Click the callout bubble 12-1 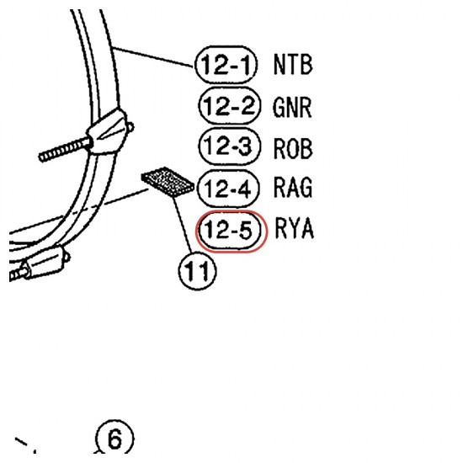click(226, 65)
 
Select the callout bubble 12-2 click(230, 106)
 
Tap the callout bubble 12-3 click(230, 146)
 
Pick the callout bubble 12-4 click(228, 188)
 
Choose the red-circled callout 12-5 click(231, 231)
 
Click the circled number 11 click(197, 271)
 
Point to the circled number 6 click(114, 438)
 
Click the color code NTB click(293, 64)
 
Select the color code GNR click(292, 107)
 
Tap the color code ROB click(293, 148)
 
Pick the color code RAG click(293, 187)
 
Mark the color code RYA click(294, 227)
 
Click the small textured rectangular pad click(168, 182)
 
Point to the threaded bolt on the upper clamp click(66, 150)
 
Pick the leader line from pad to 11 click(183, 225)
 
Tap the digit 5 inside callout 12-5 click(245, 230)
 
